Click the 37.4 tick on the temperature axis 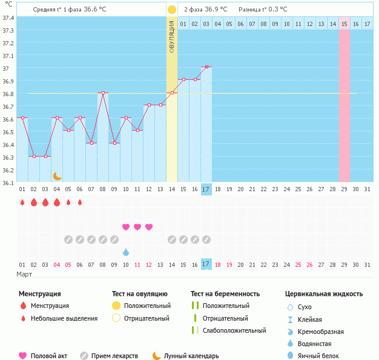point(8,17)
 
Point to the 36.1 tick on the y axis point(8,182)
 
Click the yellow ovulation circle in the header point(172,10)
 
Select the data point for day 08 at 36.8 point(103,93)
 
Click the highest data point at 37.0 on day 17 point(206,67)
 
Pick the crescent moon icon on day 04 point(58,175)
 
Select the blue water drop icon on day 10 point(126,252)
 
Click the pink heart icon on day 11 point(137,227)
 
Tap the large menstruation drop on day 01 point(22,202)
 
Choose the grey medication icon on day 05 point(68,240)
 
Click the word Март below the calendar point(24,274)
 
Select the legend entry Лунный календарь point(191,356)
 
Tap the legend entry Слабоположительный point(234,330)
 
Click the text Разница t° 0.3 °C point(263,10)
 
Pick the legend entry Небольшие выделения point(64,318)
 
